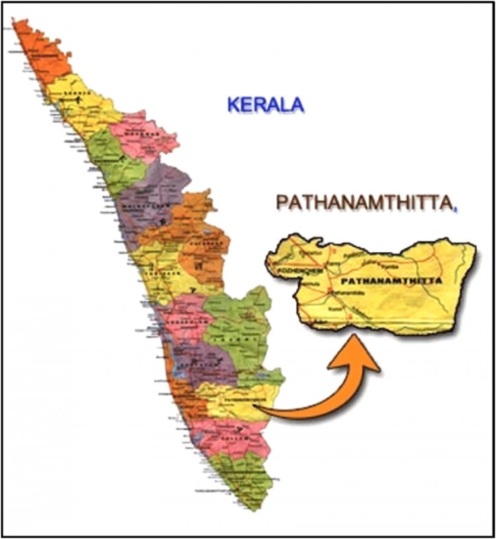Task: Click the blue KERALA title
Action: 265,104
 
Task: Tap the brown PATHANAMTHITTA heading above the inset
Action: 364,203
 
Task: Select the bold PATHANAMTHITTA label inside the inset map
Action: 390,281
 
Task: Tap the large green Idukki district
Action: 238,324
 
